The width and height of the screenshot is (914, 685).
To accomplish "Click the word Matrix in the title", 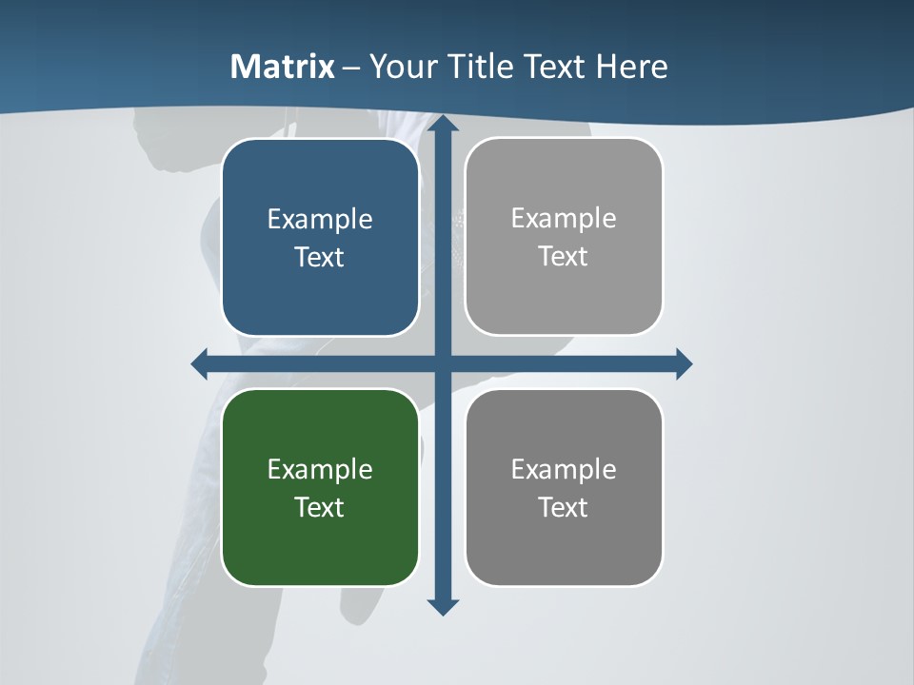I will tap(283, 67).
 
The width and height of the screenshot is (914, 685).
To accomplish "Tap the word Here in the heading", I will tap(632, 67).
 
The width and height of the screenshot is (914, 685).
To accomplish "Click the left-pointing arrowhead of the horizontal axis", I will tap(200, 363).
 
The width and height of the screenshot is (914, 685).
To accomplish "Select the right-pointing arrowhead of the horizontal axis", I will tap(683, 363).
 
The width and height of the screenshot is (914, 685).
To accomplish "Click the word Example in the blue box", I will tap(320, 220).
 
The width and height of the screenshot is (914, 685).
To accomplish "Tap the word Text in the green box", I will tap(320, 507).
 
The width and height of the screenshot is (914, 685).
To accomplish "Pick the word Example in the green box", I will tap(320, 469).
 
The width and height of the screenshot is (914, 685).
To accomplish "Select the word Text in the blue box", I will tap(320, 258).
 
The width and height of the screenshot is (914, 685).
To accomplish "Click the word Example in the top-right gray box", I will tap(564, 219).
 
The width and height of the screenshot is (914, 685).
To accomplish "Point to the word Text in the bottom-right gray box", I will tap(564, 507).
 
